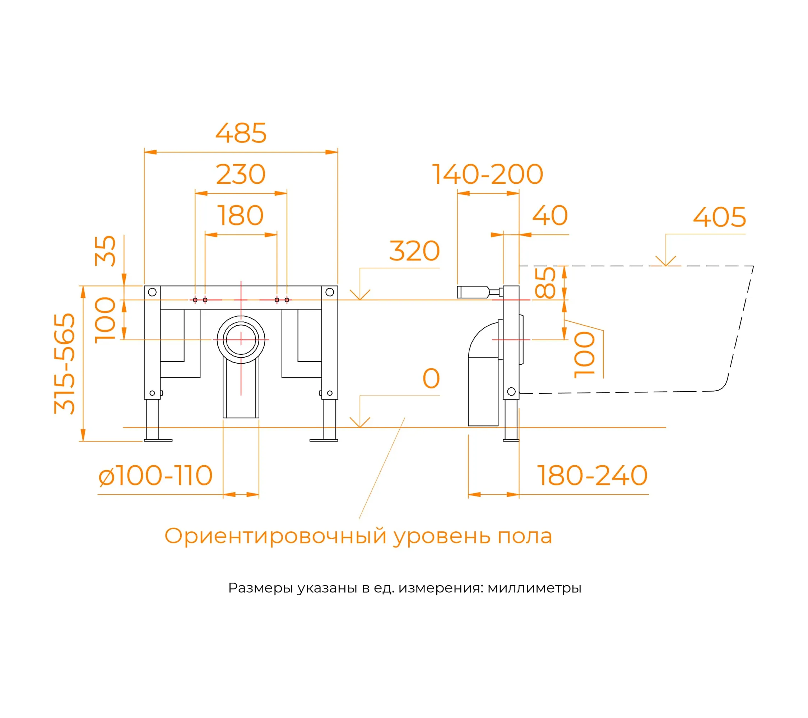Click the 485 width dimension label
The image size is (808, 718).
(x=241, y=133)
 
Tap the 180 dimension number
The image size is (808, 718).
(x=241, y=216)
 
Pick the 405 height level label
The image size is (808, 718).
(x=719, y=217)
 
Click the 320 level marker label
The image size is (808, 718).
(x=414, y=251)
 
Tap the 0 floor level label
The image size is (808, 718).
(x=431, y=378)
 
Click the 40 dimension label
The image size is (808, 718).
(x=550, y=216)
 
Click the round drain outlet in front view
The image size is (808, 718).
(x=241, y=340)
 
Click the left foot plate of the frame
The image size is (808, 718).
(x=158, y=440)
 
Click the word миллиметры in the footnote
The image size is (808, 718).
(x=534, y=588)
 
